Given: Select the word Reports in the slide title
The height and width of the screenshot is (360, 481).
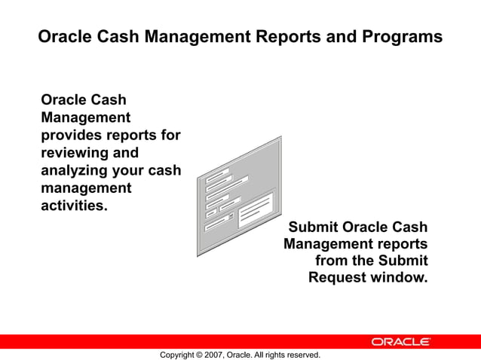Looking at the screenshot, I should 296,37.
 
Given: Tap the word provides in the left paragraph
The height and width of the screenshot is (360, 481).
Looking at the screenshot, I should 72,136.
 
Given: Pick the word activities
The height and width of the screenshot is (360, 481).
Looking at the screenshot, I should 73,205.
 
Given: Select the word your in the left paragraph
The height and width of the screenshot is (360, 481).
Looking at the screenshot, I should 133,170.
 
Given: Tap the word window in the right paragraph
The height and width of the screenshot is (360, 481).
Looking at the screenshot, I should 402,277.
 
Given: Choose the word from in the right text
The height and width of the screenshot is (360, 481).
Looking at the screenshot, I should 332,261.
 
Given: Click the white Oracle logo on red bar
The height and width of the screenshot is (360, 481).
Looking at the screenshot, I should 401,341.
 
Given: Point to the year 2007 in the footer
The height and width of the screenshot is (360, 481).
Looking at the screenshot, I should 213,355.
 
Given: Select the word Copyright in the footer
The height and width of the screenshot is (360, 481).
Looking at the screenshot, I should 179,355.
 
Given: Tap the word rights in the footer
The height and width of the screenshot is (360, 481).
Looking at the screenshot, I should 274,355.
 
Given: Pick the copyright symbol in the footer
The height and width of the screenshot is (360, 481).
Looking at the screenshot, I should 198,355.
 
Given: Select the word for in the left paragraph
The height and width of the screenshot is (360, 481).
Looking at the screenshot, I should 169,136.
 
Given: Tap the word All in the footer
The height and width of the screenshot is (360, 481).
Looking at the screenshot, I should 258,355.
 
